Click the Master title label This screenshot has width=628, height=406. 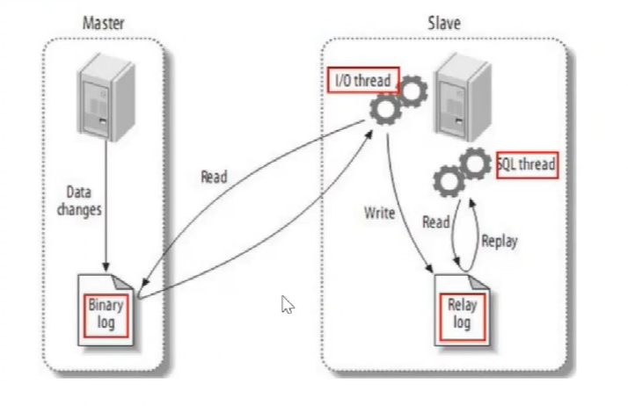click(x=103, y=23)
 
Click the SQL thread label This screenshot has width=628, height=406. click(x=528, y=164)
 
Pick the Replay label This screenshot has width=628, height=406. click(x=499, y=242)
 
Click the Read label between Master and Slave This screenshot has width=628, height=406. click(x=214, y=177)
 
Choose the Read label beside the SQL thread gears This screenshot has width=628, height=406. click(x=436, y=222)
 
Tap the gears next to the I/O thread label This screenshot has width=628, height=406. click(x=397, y=100)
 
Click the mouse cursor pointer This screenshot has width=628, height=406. click(x=287, y=304)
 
